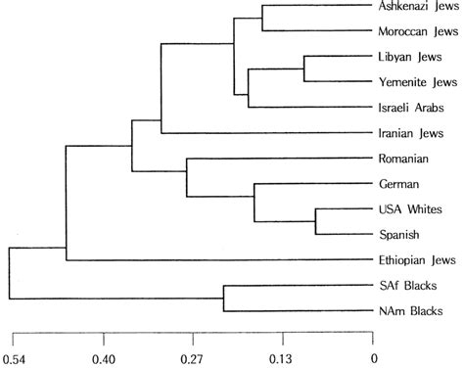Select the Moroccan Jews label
point(417,31)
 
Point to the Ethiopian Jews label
point(416,260)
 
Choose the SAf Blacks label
point(407,286)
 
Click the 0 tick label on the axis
point(373,357)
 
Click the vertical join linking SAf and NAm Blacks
point(224,298)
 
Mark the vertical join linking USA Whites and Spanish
point(315,221)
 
